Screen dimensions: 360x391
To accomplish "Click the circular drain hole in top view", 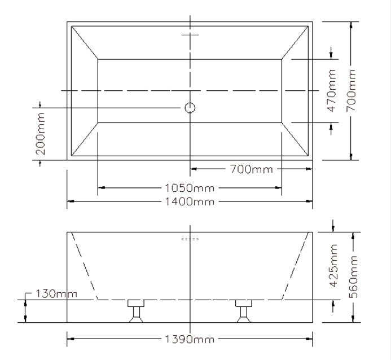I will pyautogui.click(x=190, y=107).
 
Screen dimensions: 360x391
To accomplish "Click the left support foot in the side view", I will pyautogui.click(x=135, y=311).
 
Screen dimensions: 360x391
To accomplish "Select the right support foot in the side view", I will pyautogui.click(x=243, y=311).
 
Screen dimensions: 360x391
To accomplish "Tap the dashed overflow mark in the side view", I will pyautogui.click(x=190, y=239).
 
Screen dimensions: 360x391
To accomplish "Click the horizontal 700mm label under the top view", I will pyautogui.click(x=251, y=169).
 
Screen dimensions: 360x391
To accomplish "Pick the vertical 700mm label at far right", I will pyautogui.click(x=353, y=90).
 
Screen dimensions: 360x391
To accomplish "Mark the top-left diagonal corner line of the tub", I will pyautogui.click(x=85, y=42).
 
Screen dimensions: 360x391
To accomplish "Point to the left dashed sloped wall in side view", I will pyautogui.click(x=85, y=265).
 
